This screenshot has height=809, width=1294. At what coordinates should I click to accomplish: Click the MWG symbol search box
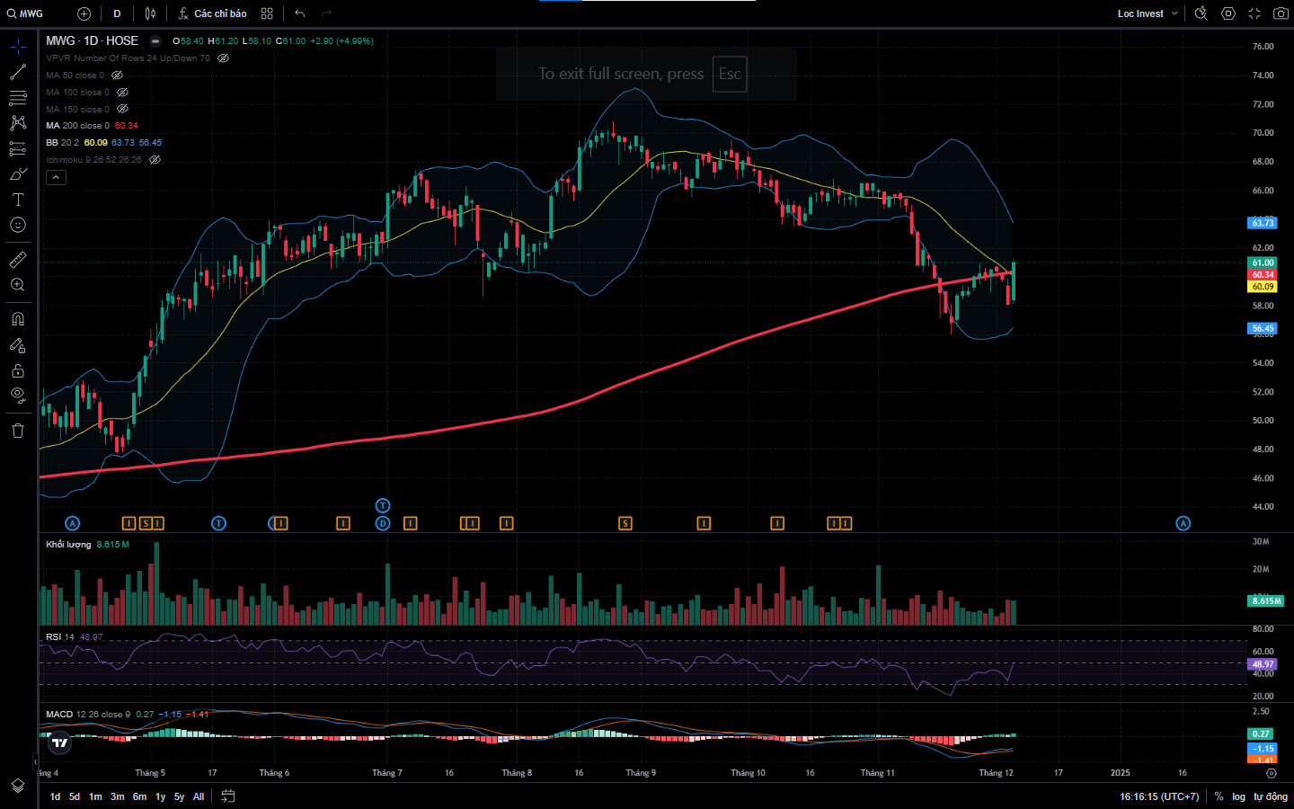27,13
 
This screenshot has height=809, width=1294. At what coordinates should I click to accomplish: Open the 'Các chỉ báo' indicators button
213,13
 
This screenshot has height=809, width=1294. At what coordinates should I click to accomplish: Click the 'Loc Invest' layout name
1140,13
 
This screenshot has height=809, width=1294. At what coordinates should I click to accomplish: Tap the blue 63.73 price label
1263,223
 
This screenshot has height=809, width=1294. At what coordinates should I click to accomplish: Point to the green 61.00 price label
1263,262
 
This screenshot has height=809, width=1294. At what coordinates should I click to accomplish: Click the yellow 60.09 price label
1263,287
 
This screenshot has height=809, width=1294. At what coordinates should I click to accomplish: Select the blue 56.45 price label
1263,328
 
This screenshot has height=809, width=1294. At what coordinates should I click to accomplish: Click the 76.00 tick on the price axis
1263,47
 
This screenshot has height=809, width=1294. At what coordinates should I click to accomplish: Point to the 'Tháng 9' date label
641,773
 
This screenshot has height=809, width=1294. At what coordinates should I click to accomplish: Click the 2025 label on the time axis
1120,773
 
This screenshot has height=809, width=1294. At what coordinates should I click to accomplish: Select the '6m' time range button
139,796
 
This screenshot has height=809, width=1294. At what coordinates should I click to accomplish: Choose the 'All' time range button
199,796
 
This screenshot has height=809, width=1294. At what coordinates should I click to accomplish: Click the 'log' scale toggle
1238,796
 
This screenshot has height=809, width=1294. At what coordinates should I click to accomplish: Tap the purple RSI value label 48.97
1263,664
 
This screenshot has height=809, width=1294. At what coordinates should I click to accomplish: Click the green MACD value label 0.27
1262,733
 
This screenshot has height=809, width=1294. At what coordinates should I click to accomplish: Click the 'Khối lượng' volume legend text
68,545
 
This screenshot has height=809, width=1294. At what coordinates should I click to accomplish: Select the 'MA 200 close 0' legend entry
78,126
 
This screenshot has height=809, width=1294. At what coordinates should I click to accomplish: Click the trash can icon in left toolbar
18,431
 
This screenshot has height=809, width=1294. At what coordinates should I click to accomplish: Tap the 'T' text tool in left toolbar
18,200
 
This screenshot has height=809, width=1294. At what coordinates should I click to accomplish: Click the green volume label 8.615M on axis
1266,600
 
